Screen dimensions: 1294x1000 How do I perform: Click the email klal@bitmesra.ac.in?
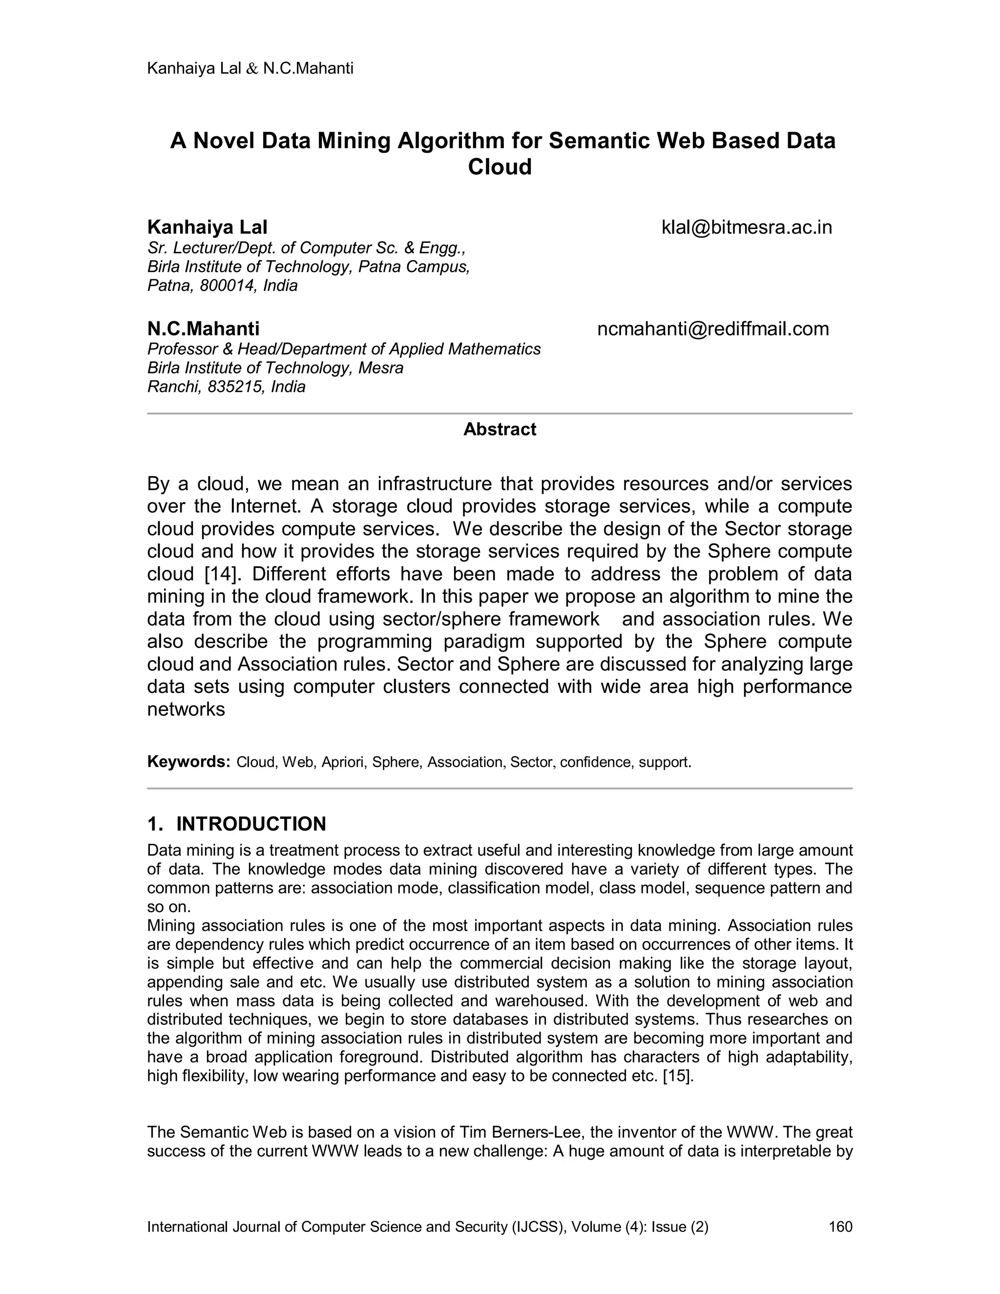pos(747,228)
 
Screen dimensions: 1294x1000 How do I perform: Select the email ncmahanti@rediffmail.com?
pos(713,329)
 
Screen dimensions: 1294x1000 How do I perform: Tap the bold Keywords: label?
pos(188,761)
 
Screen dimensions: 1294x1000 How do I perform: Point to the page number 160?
pos(840,1227)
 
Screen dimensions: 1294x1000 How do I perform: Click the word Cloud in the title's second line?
pos(500,167)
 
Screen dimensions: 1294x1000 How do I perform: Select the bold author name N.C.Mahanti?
pos(203,329)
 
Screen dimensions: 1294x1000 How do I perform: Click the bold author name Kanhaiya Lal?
pos(208,228)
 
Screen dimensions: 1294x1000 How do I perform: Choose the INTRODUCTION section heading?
pos(250,824)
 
